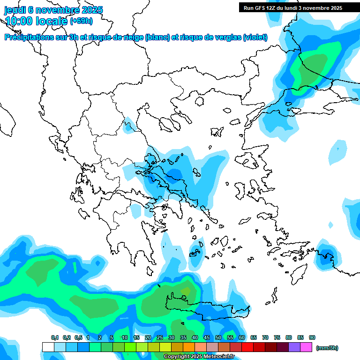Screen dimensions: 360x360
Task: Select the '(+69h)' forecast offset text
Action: point(81,21)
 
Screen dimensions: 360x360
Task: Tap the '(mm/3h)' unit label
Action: point(327,348)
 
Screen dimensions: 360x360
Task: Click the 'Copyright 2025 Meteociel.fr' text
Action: point(199,357)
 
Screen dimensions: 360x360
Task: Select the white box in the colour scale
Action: point(48,347)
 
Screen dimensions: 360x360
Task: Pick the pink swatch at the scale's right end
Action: point(307,347)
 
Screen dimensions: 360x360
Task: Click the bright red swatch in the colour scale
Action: point(247,347)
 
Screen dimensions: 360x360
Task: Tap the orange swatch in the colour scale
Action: point(189,347)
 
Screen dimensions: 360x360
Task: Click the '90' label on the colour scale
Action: point(312,337)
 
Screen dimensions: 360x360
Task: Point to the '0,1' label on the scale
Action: point(54,337)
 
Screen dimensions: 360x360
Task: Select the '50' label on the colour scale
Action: point(218,337)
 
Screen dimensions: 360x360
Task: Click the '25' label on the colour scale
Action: point(160,337)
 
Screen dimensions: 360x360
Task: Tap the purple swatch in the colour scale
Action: point(294,347)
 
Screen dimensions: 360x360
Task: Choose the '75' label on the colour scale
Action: point(277,337)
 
